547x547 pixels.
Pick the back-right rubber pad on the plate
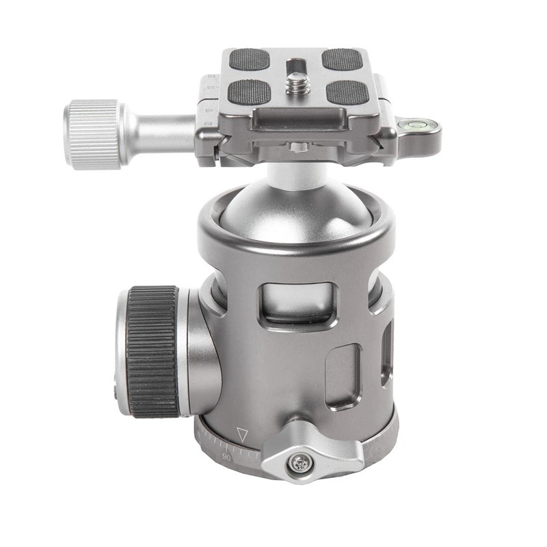(x=341, y=59)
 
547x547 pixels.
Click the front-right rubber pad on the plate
(x=347, y=91)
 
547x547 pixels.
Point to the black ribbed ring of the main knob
(x=152, y=351)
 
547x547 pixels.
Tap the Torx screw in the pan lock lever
(x=298, y=464)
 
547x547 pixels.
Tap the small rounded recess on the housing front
(x=343, y=375)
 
